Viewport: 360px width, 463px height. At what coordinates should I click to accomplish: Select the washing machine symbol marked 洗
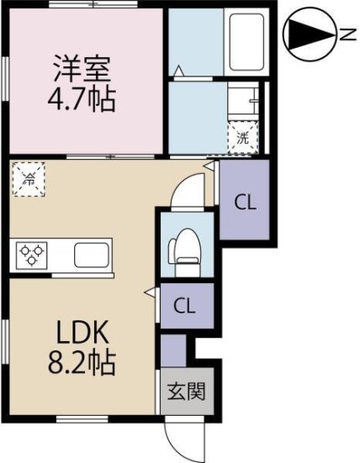coord(242,138)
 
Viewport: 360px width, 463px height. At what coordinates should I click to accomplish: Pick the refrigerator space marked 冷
coord(28,179)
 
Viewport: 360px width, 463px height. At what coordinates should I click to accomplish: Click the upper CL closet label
coord(245,202)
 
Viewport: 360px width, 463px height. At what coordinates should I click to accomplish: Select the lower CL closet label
coord(186,305)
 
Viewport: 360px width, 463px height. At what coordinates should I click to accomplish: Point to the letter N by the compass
coord(347,34)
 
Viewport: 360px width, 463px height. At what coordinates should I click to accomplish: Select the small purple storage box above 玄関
coord(173,349)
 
